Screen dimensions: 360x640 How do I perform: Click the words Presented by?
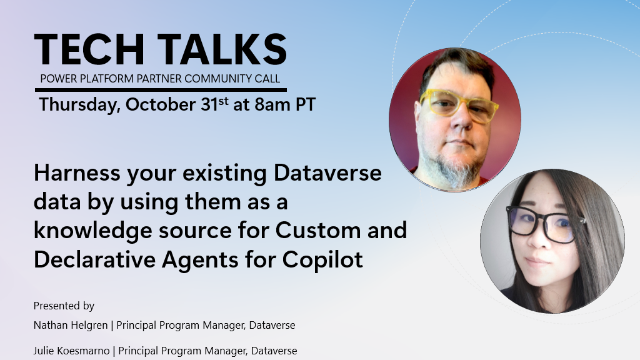[x=64, y=306]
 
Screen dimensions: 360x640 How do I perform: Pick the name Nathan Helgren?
[x=71, y=325]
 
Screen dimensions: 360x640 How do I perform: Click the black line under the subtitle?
[x=160, y=90]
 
